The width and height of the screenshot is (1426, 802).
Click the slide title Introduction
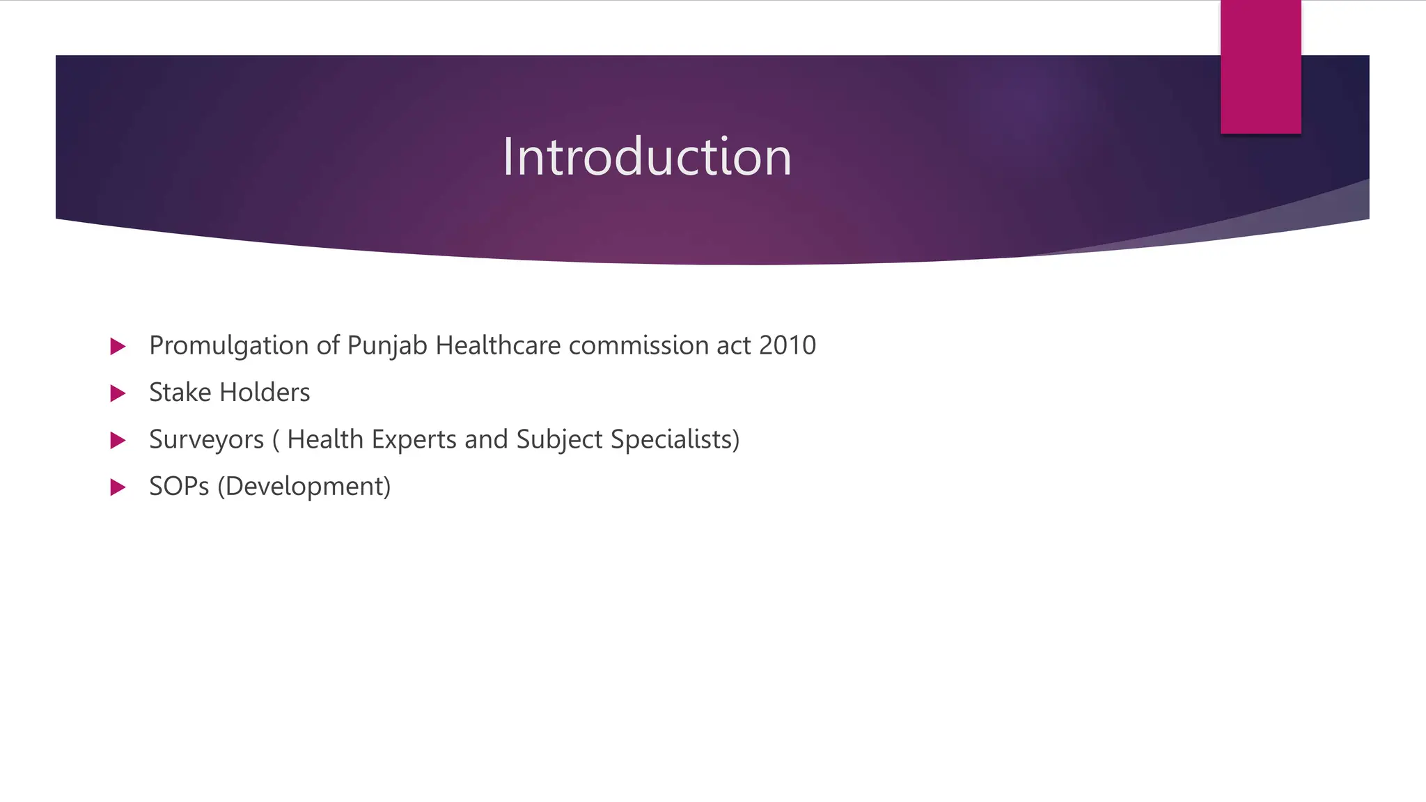(647, 157)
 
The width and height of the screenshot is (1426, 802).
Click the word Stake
(180, 393)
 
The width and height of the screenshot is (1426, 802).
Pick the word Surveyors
(207, 440)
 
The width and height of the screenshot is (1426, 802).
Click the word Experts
(414, 440)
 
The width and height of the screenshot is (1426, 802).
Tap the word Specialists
(672, 440)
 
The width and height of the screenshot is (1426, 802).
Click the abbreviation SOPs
(179, 487)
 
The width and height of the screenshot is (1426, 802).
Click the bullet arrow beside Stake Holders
(118, 393)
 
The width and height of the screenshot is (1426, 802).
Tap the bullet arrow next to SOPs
(118, 487)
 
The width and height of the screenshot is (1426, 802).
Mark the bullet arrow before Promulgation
(118, 346)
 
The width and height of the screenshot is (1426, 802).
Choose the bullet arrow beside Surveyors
(118, 440)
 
